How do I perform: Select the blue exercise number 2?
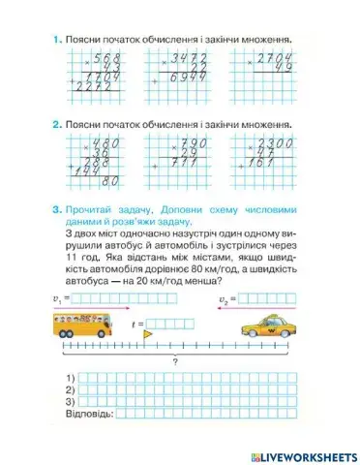(x=58, y=125)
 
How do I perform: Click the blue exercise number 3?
(x=58, y=209)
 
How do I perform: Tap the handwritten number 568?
(x=101, y=60)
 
